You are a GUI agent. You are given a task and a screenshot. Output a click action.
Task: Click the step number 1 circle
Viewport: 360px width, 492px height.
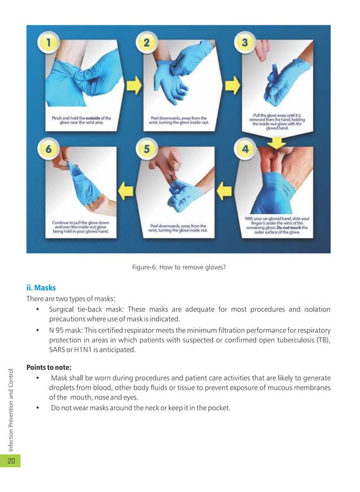click(49, 42)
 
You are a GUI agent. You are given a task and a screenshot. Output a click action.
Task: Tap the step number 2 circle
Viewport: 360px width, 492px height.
click(147, 42)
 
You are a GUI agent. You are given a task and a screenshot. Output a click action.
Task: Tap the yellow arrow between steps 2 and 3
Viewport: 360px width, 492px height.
click(229, 86)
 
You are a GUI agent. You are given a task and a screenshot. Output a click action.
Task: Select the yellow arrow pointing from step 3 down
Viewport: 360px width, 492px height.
click(277, 138)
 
